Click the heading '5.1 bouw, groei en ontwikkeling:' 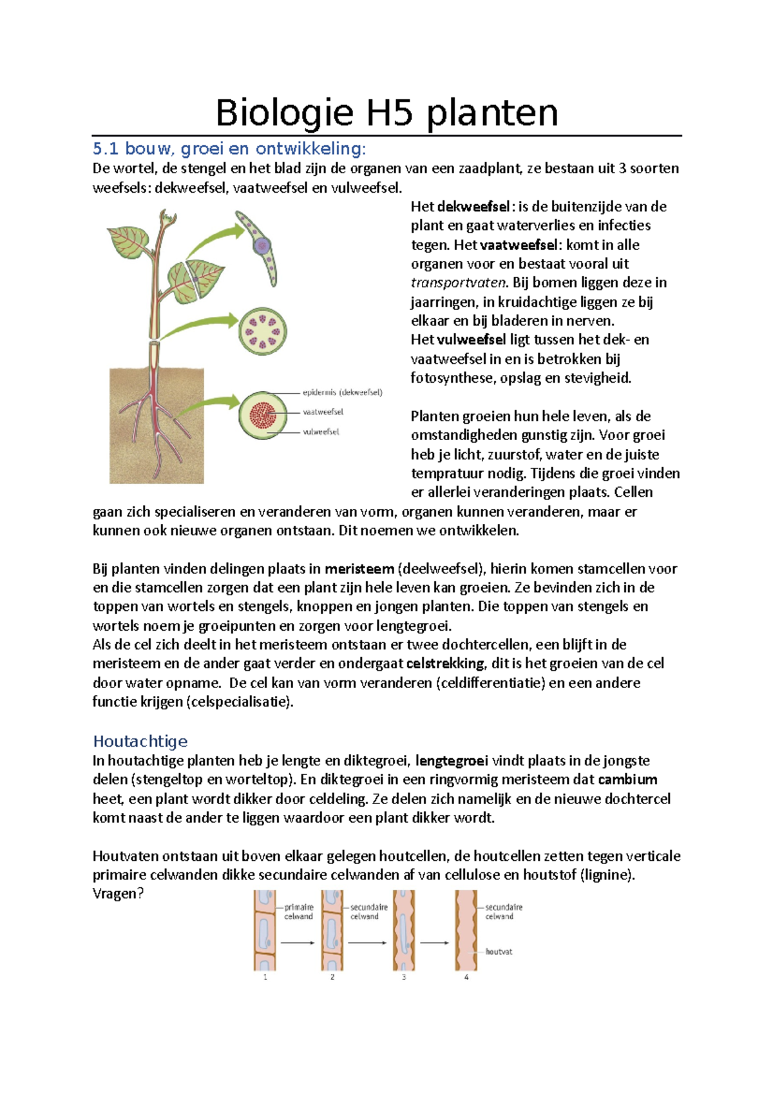point(229,149)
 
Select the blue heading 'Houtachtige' point(140,741)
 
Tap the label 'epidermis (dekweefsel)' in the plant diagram point(342,392)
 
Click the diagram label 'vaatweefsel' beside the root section point(323,412)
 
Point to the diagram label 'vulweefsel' point(321,432)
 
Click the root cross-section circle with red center point(263,414)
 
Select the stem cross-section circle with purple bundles point(263,332)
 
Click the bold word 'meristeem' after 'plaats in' point(359,569)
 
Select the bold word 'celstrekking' point(445,664)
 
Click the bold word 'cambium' point(627,780)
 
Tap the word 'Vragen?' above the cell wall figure point(118,894)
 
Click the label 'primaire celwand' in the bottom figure point(298,912)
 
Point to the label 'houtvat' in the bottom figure point(499,952)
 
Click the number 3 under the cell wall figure point(404,977)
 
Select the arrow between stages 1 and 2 point(298,943)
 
